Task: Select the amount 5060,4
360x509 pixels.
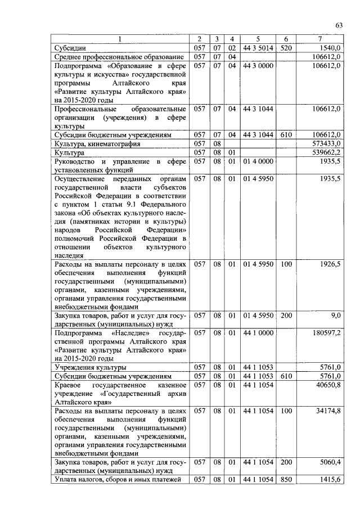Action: pyautogui.click(x=330, y=462)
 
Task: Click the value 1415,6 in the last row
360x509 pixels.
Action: pyautogui.click(x=330, y=479)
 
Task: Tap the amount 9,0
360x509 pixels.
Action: pyautogui.click(x=335, y=316)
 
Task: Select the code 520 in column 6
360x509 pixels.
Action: pyautogui.click(x=286, y=48)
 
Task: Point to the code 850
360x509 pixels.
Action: pyautogui.click(x=286, y=479)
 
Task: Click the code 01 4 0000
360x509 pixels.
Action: pyautogui.click(x=258, y=161)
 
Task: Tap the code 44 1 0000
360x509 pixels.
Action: pyautogui.click(x=258, y=333)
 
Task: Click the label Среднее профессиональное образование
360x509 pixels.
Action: pyautogui.click(x=119, y=57)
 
